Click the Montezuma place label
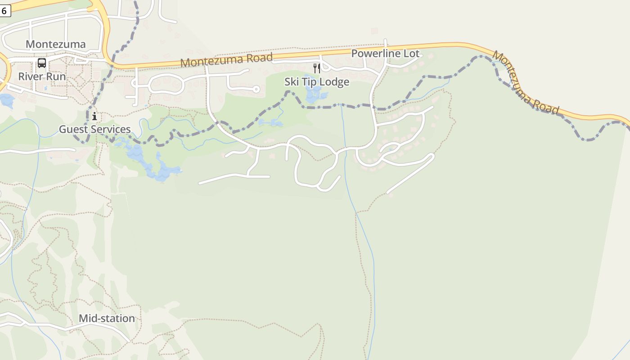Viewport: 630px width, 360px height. click(55, 44)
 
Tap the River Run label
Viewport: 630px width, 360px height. click(42, 76)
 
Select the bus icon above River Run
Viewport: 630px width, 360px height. click(42, 63)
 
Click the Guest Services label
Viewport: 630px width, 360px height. click(95, 130)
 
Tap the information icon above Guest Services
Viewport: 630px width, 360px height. click(94, 117)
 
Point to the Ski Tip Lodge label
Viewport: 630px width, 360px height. click(317, 82)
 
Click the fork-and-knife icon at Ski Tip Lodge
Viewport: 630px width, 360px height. click(317, 68)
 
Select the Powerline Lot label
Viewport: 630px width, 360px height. click(385, 54)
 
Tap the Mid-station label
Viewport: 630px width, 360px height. click(107, 319)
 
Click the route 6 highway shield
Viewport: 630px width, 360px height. click(4, 11)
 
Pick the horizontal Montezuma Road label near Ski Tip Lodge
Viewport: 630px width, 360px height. click(226, 59)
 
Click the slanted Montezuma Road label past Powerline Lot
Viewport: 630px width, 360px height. click(526, 83)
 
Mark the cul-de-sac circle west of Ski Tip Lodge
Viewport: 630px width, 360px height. click(256, 89)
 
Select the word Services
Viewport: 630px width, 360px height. click(111, 130)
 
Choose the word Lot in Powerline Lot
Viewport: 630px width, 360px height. click(411, 54)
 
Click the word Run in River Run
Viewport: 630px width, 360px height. click(55, 76)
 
